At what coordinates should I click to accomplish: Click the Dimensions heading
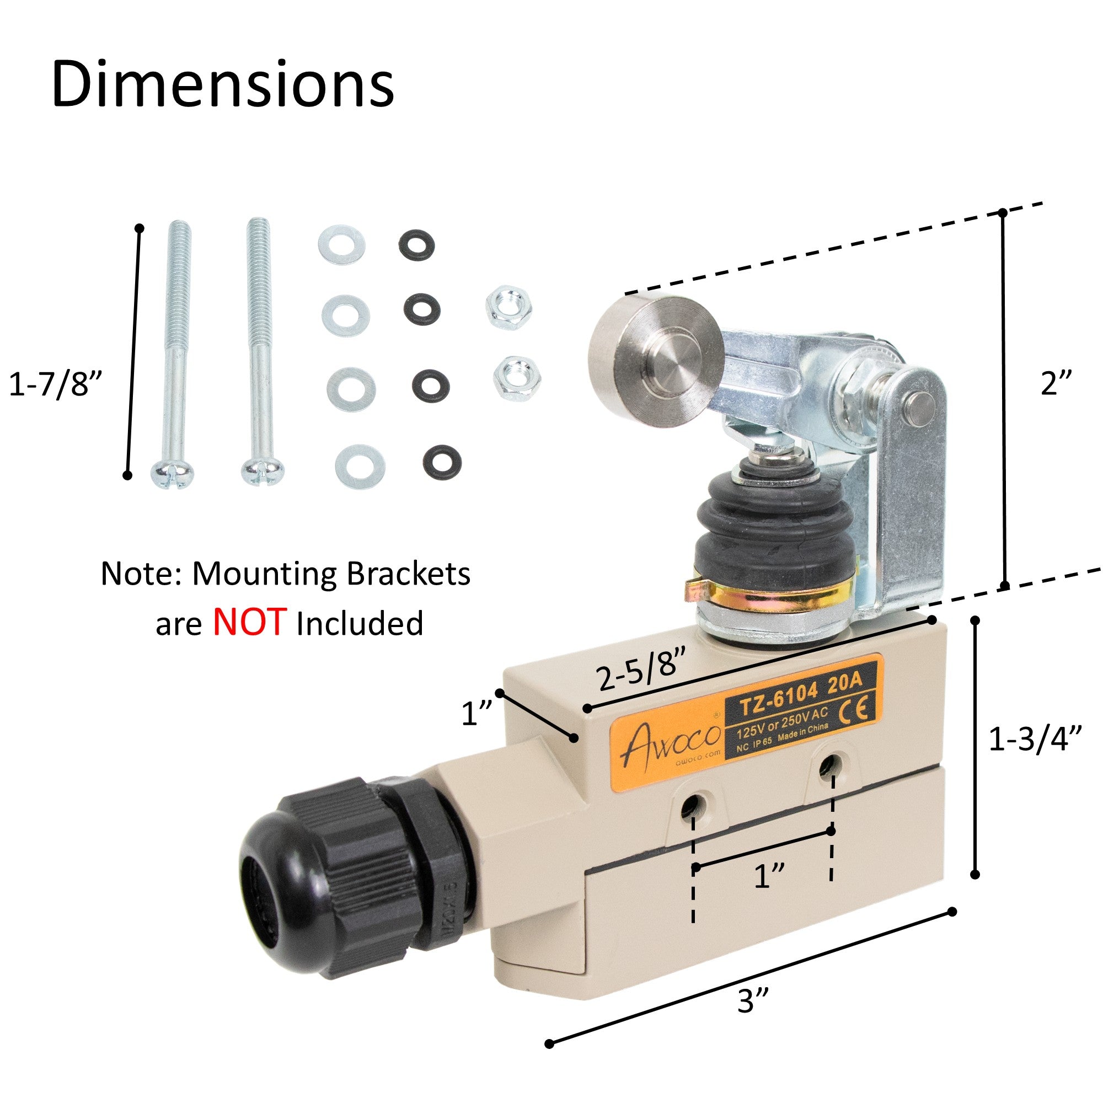(223, 84)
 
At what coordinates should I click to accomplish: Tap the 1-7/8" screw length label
(55, 384)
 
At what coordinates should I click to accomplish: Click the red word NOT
(249, 622)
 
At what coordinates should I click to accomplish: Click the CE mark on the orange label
(857, 709)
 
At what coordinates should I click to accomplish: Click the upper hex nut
(508, 310)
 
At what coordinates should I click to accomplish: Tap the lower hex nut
(517, 378)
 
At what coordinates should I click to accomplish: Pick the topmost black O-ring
(416, 245)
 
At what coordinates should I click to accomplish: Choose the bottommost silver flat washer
(360, 466)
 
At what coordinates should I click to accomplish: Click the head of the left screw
(173, 473)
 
